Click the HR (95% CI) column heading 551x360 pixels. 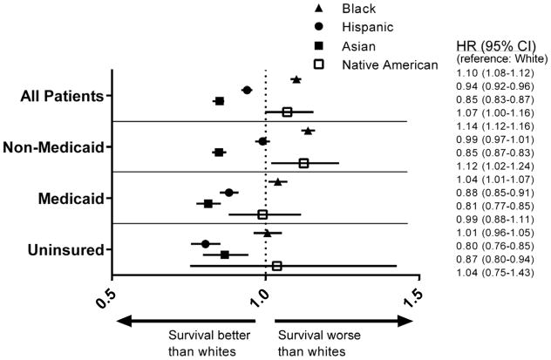click(497, 46)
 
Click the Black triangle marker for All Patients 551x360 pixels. click(296, 79)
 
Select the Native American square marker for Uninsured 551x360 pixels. click(277, 266)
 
